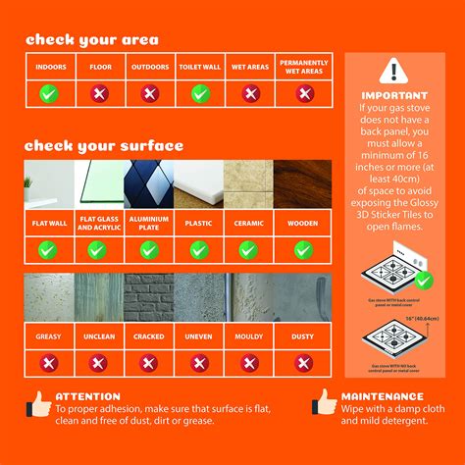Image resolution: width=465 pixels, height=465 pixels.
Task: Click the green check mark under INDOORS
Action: [x=48, y=93]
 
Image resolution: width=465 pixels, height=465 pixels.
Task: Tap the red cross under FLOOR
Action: [x=99, y=93]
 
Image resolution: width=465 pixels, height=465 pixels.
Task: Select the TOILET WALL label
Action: [x=200, y=67]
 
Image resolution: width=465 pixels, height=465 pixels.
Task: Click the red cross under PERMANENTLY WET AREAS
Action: [x=303, y=93]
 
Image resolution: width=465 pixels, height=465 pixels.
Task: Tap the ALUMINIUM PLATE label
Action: [x=149, y=224]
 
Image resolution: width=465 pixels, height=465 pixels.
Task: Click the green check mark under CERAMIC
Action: [x=251, y=250]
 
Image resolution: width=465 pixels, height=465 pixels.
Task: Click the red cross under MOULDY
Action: [x=251, y=363]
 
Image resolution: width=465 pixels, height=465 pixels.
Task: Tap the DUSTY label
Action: [x=303, y=336]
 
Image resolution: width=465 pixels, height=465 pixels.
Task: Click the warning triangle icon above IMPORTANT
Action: [x=393, y=71]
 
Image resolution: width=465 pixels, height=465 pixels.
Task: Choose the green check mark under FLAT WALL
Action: [x=48, y=250]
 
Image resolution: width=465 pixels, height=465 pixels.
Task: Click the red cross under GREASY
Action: [x=48, y=363]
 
